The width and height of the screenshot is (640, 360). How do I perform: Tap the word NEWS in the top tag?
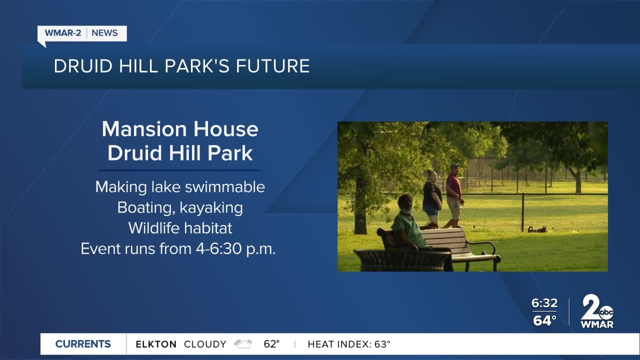[104, 33]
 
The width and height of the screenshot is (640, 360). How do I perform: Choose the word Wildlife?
[152, 228]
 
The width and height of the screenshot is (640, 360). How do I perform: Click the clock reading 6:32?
[544, 303]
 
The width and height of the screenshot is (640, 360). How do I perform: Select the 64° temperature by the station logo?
[544, 320]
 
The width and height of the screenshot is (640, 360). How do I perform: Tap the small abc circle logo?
[606, 313]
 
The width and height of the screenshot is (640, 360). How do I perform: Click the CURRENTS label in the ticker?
[83, 344]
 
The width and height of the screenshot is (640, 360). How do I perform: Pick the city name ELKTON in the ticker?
[156, 344]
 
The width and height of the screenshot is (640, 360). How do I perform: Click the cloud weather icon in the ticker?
[243, 344]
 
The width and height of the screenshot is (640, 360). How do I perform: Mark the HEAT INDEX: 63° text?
[349, 344]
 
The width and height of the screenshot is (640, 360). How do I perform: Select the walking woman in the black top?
[431, 198]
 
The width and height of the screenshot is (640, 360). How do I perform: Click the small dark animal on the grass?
[537, 229]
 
